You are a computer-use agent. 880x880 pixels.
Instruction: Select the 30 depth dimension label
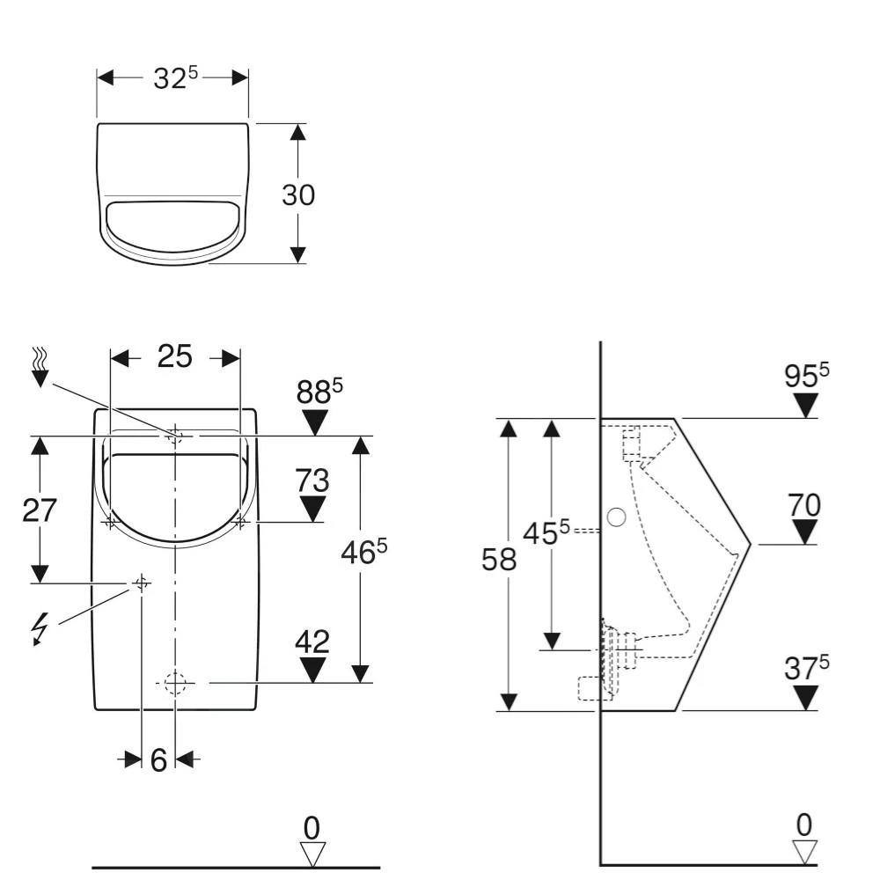pyautogui.click(x=298, y=194)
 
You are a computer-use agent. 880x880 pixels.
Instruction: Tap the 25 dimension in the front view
pyautogui.click(x=174, y=356)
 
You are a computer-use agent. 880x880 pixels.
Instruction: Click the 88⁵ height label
pyautogui.click(x=318, y=392)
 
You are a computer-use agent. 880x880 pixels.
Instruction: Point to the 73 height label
pyautogui.click(x=312, y=480)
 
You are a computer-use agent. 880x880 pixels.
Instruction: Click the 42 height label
pyautogui.click(x=312, y=642)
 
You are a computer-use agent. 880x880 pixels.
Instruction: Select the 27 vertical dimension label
pyautogui.click(x=40, y=510)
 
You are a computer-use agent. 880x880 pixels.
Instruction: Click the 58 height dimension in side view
pyautogui.click(x=499, y=560)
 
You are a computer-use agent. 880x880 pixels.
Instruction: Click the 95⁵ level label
pyautogui.click(x=806, y=375)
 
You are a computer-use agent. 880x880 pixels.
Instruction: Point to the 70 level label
pyautogui.click(x=804, y=505)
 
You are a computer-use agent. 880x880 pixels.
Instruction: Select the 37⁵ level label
pyautogui.click(x=806, y=668)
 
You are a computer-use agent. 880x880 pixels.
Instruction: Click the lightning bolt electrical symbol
pyautogui.click(x=40, y=627)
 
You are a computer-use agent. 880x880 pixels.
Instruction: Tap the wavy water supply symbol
pyautogui.click(x=40, y=366)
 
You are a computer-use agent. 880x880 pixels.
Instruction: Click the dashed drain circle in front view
pyautogui.click(x=175, y=682)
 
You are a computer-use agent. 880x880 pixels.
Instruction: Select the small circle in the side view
pyautogui.click(x=616, y=517)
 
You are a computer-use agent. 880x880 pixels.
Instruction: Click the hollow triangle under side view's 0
pyautogui.click(x=804, y=851)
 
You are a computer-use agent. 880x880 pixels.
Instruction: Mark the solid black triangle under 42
pyautogui.click(x=312, y=671)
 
